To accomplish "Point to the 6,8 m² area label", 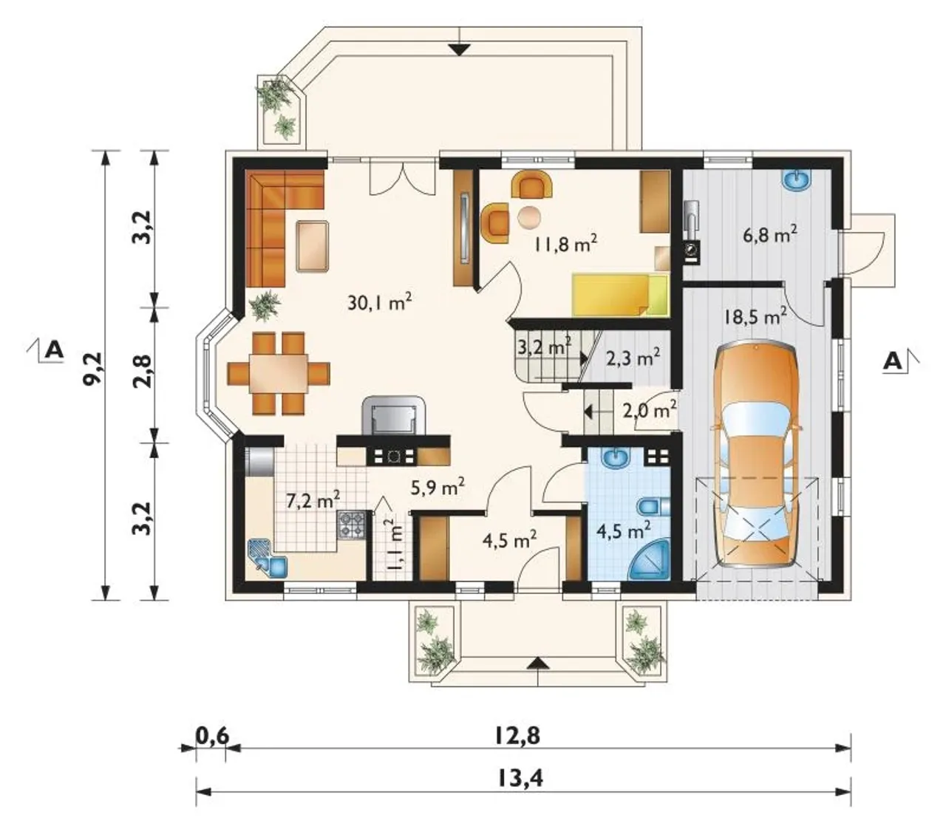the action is (769, 234).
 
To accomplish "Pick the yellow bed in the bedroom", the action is (620, 295).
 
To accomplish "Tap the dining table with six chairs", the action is (279, 373).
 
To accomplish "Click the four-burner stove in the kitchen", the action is (352, 525).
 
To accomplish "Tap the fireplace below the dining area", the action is (393, 415).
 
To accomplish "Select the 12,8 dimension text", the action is (517, 736).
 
